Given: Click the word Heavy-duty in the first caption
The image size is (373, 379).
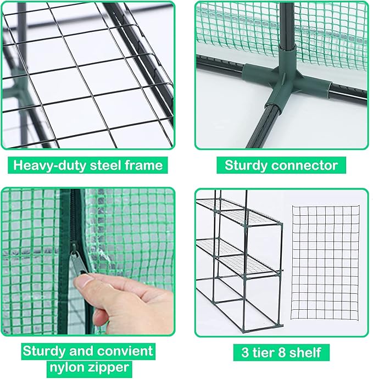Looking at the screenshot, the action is (x=49, y=165).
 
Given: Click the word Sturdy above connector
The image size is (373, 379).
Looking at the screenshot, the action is (x=246, y=166).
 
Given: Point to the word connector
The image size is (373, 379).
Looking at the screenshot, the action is (x=304, y=165).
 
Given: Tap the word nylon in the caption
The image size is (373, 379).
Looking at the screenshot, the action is (x=65, y=367).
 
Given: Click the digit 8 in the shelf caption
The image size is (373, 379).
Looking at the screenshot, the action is (x=282, y=352).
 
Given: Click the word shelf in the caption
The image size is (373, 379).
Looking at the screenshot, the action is (x=305, y=352).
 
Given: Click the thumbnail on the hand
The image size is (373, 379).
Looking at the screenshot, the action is (x=82, y=282).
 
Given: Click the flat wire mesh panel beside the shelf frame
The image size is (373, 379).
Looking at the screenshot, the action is (x=325, y=263).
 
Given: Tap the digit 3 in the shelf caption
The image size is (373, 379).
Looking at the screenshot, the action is (x=245, y=352).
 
